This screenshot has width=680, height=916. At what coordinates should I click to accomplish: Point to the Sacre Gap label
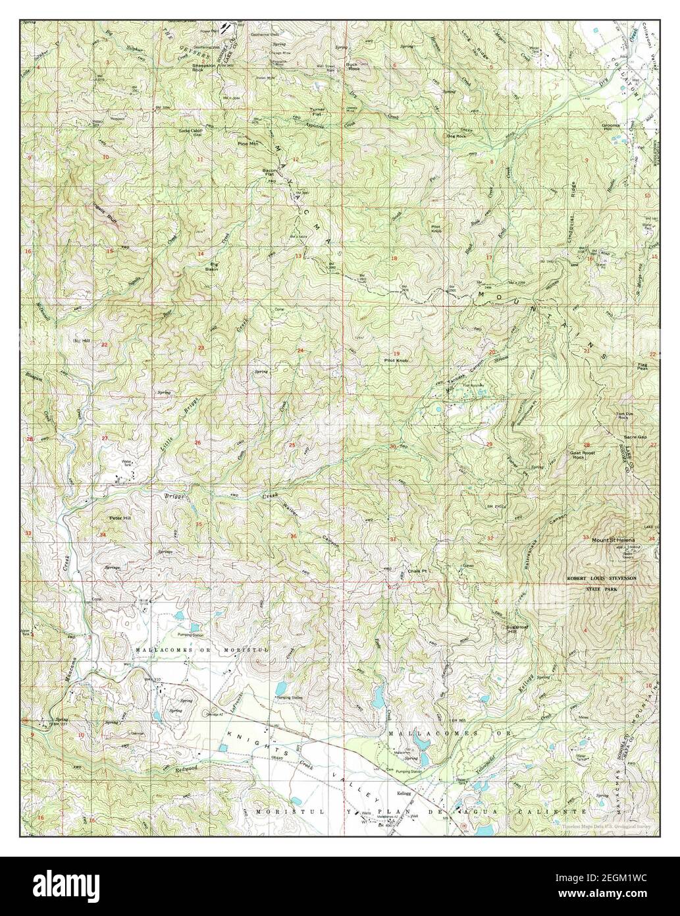[633, 437]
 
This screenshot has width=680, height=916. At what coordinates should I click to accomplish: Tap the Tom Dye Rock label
[625, 416]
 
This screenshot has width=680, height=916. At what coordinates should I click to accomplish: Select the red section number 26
[197, 442]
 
